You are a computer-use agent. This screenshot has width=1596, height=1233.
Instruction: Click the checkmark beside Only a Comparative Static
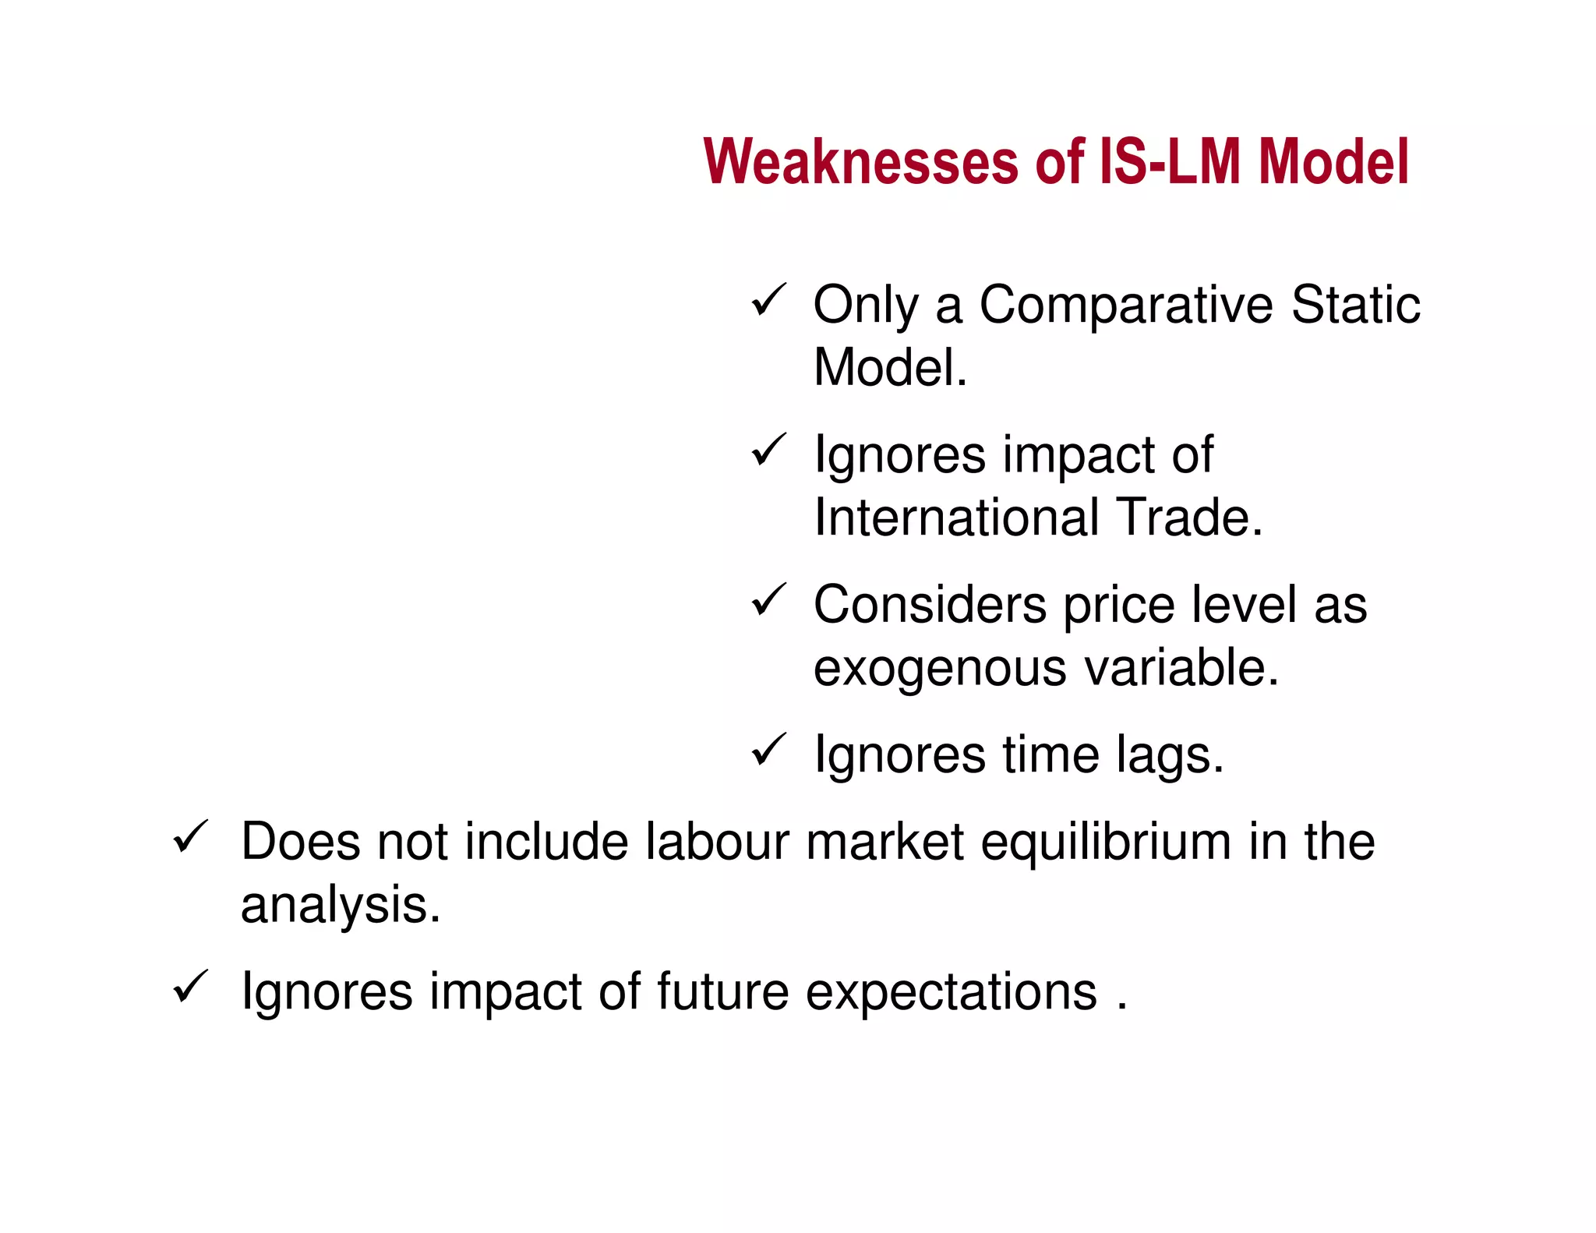click(768, 301)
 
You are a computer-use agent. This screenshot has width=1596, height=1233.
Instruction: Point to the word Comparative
click(1126, 306)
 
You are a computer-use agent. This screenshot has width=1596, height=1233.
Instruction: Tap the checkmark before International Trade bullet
click(768, 450)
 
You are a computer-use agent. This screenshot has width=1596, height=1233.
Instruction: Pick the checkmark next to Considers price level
click(768, 601)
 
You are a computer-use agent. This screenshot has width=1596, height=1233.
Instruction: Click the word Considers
click(930, 605)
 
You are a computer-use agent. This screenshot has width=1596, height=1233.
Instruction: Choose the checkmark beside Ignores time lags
click(768, 751)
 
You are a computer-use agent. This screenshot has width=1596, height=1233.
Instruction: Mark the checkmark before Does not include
click(189, 837)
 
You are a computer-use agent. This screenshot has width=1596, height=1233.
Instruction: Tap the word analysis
click(340, 906)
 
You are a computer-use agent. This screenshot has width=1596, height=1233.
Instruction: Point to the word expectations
click(951, 993)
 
